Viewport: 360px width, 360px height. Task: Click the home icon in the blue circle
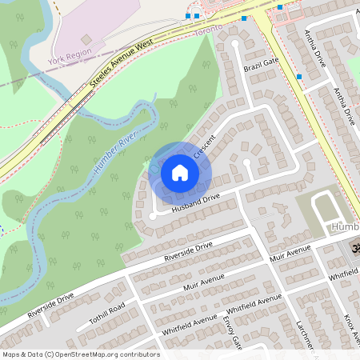pos(180,172)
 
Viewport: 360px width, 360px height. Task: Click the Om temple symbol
pos(350,250)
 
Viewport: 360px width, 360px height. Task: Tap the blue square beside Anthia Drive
pos(299,77)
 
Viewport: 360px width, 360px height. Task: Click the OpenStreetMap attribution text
pos(80,354)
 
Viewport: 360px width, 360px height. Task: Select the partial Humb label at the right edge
pos(344,229)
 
